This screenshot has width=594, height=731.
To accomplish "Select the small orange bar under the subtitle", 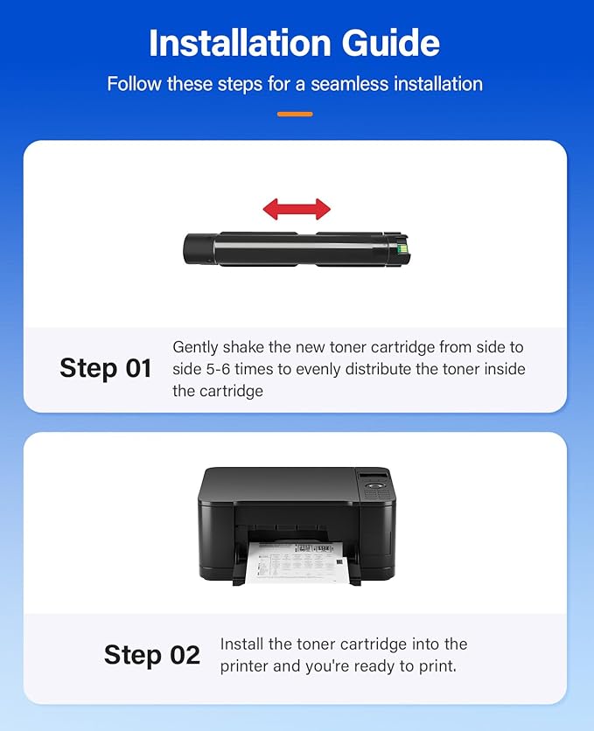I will (295, 114).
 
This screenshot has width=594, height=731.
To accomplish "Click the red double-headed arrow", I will (297, 209).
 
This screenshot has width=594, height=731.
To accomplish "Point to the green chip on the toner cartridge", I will (402, 247).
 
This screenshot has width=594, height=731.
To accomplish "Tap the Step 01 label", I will (106, 368).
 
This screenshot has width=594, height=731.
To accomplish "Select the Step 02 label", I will (152, 655).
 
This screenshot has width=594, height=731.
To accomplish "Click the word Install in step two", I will (241, 644).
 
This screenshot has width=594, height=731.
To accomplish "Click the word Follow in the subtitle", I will (134, 85).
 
